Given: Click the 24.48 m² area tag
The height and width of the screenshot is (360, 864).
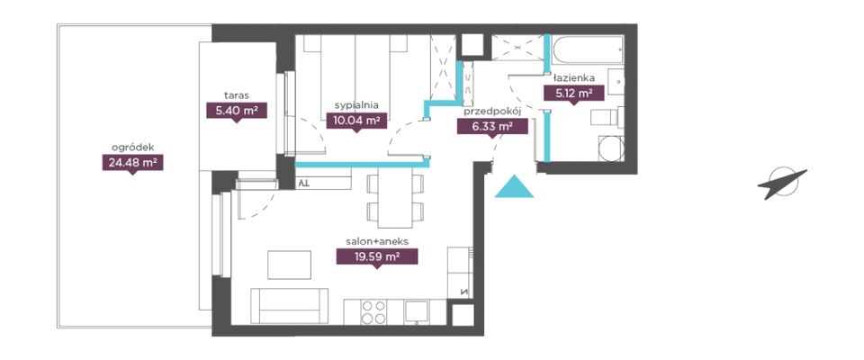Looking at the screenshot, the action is (132, 163).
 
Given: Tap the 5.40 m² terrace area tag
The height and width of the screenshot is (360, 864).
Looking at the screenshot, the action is (237, 111).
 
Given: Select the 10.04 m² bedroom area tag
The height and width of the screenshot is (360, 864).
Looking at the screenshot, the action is (356, 121).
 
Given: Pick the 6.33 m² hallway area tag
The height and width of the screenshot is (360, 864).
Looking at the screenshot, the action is (492, 128).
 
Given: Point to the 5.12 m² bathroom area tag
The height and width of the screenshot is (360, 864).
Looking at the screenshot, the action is (573, 94).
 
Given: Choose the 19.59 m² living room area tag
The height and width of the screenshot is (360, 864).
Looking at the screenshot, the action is (377, 256).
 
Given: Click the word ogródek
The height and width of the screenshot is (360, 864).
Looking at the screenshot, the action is (132, 148).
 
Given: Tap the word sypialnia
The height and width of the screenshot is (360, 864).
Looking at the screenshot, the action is (356, 104).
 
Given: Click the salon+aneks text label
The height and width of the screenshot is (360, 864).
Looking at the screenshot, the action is (377, 241).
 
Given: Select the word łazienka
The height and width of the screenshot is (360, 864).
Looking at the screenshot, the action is (573, 77).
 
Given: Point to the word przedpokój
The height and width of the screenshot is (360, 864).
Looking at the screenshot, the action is (492, 112).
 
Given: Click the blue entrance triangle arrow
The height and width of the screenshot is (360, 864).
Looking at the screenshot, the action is (514, 187).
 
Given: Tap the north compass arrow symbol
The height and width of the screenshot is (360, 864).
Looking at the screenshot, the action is (782, 183).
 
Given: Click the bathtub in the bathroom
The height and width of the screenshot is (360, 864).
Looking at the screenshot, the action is (588, 49).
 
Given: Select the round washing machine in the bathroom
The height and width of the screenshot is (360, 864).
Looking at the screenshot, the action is (611, 148).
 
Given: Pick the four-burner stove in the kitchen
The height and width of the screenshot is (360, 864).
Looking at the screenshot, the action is (373, 312).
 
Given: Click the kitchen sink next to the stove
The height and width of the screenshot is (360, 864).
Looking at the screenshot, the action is (417, 312).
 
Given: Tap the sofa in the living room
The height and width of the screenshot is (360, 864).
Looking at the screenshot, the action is (289, 306).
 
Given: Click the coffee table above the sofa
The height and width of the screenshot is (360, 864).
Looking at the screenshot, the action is (289, 265).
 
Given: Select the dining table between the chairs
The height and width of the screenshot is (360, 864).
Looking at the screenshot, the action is (395, 196).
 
